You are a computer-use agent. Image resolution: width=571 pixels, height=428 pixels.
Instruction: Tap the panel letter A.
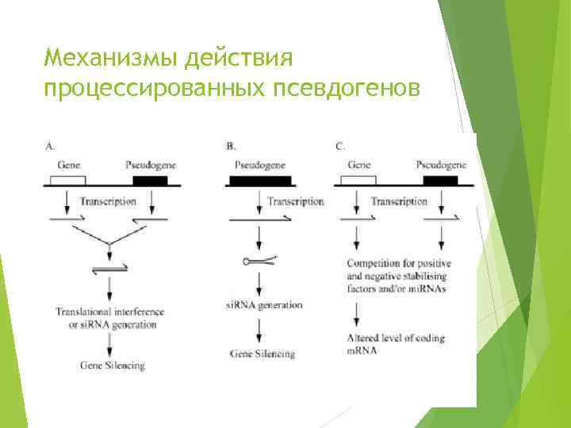50,146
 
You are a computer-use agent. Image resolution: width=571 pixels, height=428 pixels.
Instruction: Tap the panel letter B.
231,146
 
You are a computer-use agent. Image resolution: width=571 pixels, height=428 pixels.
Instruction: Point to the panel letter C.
340,146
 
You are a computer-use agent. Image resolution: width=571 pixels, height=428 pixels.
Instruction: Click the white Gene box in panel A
68,180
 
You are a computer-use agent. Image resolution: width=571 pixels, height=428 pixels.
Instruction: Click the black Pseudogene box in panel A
150,180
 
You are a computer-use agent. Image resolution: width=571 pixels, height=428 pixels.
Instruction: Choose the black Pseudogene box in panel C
440,180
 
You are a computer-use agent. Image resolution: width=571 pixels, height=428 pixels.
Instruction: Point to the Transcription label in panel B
296,201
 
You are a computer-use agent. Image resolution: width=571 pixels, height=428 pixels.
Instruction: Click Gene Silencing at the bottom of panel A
113,365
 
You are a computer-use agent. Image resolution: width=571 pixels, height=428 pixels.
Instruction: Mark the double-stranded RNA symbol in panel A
109,272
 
